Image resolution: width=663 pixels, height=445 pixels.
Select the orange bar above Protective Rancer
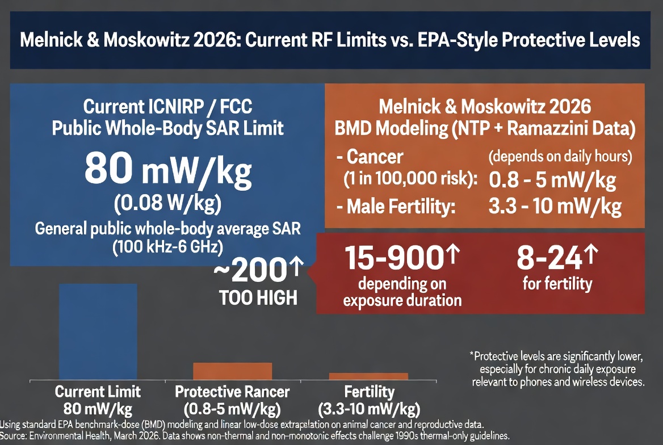click(x=233, y=371)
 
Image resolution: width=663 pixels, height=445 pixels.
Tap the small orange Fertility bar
click(x=368, y=376)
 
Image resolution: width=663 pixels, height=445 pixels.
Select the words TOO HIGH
click(x=258, y=297)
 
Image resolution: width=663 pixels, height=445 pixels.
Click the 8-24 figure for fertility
click(x=550, y=259)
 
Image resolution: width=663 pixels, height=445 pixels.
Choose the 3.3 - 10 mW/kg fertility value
click(x=555, y=207)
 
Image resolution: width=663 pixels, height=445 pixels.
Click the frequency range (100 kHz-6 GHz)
click(x=167, y=247)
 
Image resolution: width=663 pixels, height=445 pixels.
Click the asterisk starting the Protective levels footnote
click(x=471, y=356)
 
